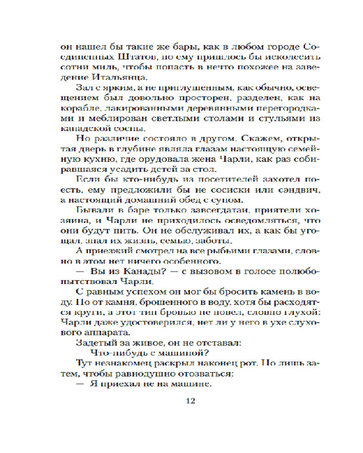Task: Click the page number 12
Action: point(190,402)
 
